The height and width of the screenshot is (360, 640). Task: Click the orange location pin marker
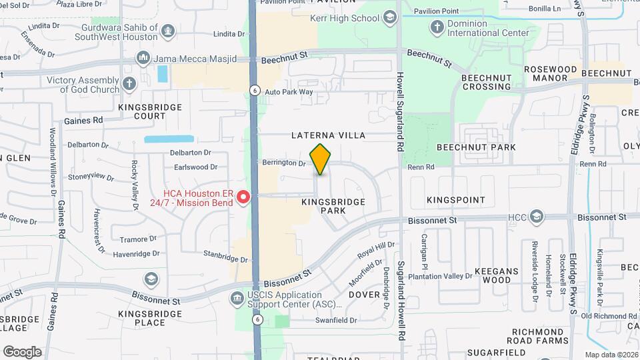pos(321,159)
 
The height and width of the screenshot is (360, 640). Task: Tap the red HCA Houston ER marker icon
pos(244,196)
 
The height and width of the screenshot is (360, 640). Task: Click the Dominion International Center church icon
pos(437,27)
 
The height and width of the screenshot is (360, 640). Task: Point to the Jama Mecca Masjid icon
pos(143,59)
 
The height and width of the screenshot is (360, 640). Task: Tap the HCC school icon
pos(537,217)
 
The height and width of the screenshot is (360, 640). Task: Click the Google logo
pos(22,351)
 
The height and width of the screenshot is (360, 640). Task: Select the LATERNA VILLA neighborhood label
pos(329,135)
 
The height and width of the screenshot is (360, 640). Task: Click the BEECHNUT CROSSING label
pos(487,82)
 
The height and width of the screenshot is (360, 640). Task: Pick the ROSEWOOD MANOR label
pos(550,73)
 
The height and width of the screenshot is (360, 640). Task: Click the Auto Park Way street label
pos(289,92)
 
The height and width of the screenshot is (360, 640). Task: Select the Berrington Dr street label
pos(284,162)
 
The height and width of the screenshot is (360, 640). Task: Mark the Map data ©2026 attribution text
pos(611,354)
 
